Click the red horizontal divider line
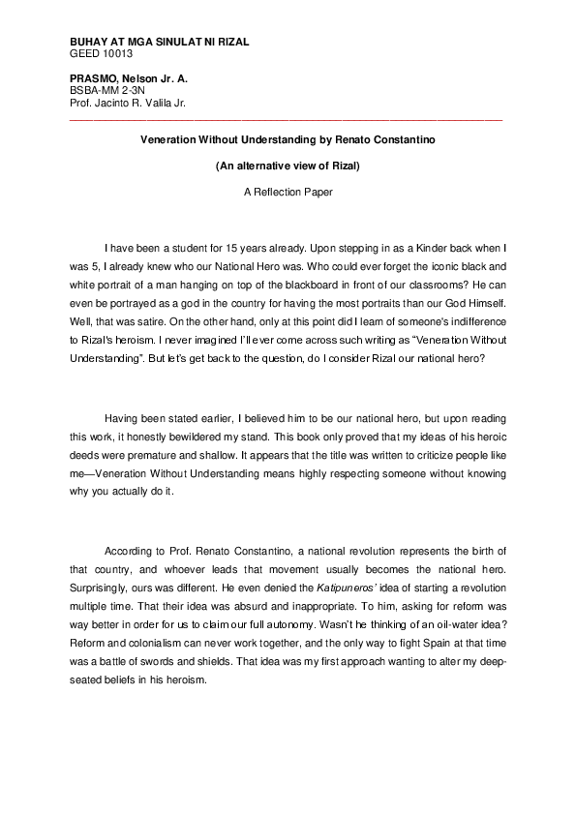pyautogui.click(x=287, y=119)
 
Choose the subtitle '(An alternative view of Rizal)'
pyautogui.click(x=288, y=166)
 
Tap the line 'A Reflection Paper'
pyautogui.click(x=288, y=192)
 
